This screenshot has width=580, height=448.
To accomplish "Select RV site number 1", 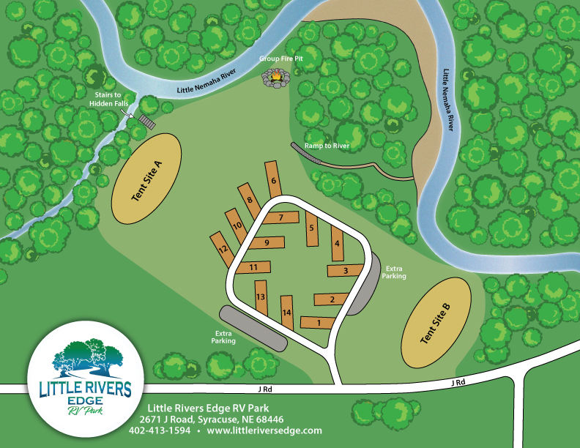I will [x=317, y=322].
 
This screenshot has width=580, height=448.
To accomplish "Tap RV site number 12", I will [x=222, y=250].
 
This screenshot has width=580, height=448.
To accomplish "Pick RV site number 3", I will [x=346, y=271].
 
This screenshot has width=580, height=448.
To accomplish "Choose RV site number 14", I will [x=287, y=313].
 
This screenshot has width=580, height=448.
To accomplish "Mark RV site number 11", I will [x=253, y=267].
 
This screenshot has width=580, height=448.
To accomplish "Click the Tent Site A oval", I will [x=146, y=178].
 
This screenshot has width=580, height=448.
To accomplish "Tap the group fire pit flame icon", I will [x=276, y=75].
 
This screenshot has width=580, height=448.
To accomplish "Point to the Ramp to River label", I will [x=327, y=146].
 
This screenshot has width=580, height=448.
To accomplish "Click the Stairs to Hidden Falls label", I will [x=108, y=100].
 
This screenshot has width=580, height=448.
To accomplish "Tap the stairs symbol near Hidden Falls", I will [x=146, y=120].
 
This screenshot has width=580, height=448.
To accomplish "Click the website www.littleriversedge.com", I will [x=264, y=431].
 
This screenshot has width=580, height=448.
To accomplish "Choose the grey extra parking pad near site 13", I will [x=253, y=328].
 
